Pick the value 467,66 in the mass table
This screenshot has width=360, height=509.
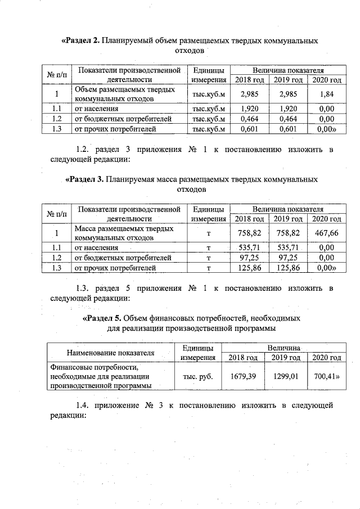click(327, 233)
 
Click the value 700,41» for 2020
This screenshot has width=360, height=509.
click(327, 376)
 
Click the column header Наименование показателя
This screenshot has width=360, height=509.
click(111, 353)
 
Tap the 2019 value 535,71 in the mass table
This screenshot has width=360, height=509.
click(288, 247)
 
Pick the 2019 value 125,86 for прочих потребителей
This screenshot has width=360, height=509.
click(288, 268)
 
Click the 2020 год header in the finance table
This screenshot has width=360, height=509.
click(327, 358)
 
